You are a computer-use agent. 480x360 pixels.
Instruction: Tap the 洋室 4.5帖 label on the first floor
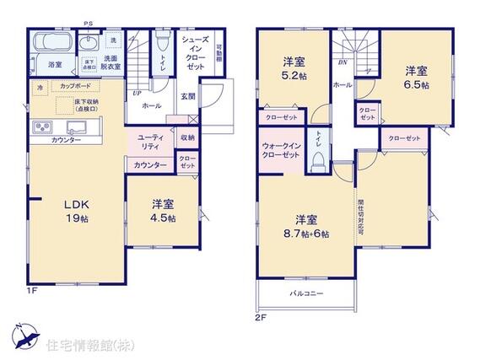(164, 211)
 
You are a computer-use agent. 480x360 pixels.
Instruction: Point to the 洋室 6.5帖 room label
(415, 78)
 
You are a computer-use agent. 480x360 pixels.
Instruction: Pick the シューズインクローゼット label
(197, 51)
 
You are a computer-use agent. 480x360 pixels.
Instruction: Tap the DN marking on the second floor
(342, 62)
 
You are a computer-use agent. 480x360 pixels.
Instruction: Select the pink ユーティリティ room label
(151, 141)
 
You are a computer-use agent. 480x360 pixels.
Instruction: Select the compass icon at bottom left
(24, 338)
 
